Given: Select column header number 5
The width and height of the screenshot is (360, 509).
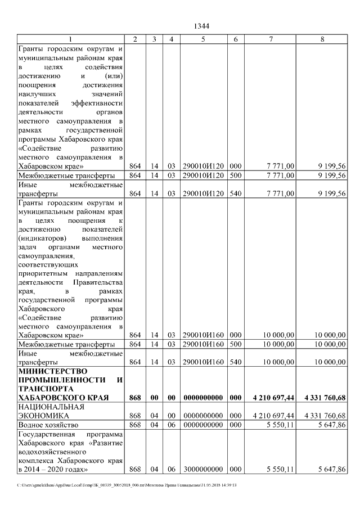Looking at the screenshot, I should point(203,39).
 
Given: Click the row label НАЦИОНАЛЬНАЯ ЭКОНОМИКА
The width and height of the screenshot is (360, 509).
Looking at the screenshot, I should point(51,411).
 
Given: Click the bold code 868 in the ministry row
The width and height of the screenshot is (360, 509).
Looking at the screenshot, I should point(135,398).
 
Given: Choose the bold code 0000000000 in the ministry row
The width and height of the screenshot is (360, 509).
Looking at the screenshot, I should point(203,398).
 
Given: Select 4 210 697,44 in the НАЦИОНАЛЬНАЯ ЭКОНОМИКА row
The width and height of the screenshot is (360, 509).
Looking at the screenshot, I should point(273,416).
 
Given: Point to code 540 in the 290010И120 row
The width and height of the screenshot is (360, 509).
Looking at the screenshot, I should point(236,193).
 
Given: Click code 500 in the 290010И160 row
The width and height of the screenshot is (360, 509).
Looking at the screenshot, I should point(236,344).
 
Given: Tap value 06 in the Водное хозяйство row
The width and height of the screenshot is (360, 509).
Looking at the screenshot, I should point(172,425).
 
